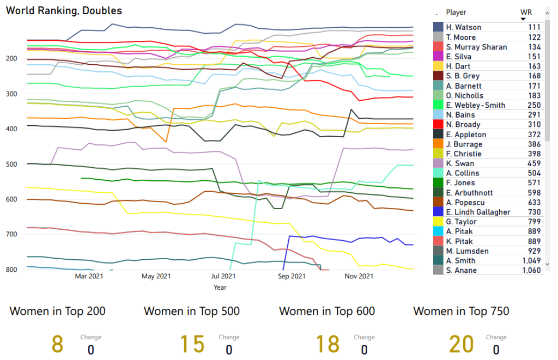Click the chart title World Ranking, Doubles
click(64, 10)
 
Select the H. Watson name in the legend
click(463, 27)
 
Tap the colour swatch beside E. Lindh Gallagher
click(438, 212)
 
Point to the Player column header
click(456, 12)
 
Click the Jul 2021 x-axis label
click(223, 277)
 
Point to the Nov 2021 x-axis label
click(359, 277)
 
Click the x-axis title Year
click(220, 287)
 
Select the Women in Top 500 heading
click(192, 311)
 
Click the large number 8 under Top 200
click(58, 344)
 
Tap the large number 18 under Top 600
click(328, 344)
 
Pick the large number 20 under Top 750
click(461, 344)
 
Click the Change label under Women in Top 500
click(229, 337)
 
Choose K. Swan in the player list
click(459, 163)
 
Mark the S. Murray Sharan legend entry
click(476, 47)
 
